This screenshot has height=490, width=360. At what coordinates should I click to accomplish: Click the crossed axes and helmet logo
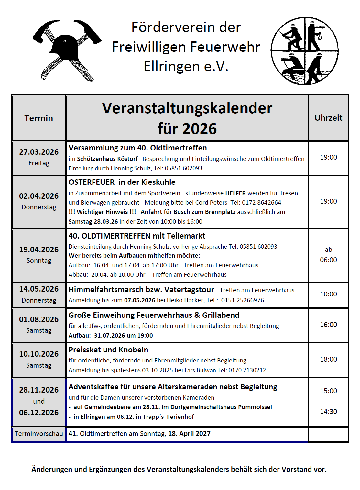67,50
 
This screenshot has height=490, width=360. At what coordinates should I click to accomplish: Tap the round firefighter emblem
304,51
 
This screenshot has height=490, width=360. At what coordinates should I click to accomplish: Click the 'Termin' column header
38,118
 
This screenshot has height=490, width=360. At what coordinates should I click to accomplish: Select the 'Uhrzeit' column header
328,118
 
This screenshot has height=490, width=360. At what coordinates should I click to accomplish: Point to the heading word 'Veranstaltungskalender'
187,108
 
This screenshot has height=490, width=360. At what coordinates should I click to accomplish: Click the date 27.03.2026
39,152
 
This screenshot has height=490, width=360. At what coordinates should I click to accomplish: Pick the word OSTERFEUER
92,182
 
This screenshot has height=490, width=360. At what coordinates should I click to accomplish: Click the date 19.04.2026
39,250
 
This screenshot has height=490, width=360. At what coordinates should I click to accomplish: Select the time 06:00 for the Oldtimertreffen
328,260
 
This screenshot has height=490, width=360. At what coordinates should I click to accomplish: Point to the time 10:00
328,294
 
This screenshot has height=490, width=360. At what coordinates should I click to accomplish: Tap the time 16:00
328,325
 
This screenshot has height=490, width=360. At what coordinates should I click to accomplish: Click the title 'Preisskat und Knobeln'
108,350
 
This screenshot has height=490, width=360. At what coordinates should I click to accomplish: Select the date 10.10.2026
39,354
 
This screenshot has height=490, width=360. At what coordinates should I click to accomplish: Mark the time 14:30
328,412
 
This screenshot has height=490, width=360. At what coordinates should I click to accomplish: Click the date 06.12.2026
39,413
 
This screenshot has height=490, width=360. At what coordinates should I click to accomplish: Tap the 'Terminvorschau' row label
39,434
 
